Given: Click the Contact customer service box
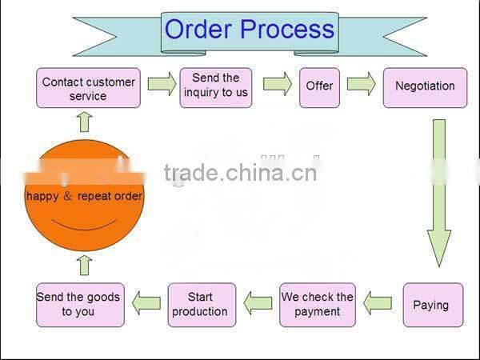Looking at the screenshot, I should [x=88, y=88].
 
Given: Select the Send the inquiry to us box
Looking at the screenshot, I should [x=216, y=85].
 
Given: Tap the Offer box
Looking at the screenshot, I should [x=319, y=86].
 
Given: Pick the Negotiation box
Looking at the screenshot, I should [x=425, y=86].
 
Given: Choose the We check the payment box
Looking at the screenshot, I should [x=317, y=304].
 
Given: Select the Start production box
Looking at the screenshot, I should [x=202, y=304].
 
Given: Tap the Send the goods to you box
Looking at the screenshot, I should [x=78, y=304].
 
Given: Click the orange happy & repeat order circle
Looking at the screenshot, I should [x=84, y=196].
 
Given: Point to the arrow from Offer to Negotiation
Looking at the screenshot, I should [x=362, y=85].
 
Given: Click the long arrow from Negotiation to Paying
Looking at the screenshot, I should [x=438, y=192].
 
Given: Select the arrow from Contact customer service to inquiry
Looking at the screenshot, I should [x=162, y=85].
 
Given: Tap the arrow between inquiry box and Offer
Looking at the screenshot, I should [x=277, y=85].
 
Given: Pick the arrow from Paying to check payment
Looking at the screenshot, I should [x=378, y=303].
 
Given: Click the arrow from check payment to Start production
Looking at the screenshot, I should [x=258, y=303].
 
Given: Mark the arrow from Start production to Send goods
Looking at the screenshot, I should [x=146, y=303].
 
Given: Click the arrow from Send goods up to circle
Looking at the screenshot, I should [x=85, y=265].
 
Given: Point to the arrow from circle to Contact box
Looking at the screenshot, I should [x=85, y=121].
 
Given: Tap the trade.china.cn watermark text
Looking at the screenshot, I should [x=240, y=172].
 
